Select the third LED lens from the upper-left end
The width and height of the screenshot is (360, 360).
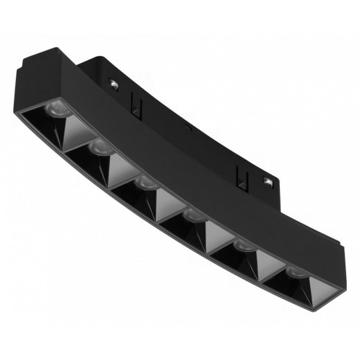145,182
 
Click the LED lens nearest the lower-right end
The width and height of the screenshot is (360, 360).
293,270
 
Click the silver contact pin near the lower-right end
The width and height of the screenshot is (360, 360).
267,182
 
